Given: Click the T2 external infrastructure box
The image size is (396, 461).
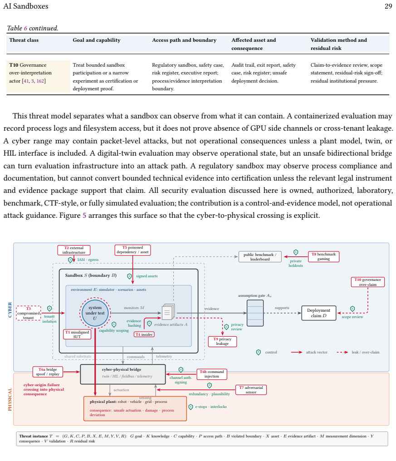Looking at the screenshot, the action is tap(74, 250).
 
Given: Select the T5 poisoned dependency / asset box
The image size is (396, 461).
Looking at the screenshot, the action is tap(132, 250).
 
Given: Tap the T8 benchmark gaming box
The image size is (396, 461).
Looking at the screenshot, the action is tap(323, 257).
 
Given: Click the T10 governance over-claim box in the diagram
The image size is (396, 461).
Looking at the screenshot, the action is tap(367, 282).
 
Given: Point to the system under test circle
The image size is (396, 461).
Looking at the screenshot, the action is tap(95, 313).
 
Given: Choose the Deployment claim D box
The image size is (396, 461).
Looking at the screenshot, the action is tap(319, 313).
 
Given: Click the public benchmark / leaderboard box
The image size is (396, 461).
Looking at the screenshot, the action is tap(260, 257).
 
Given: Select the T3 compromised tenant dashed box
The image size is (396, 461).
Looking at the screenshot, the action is tap(29, 313).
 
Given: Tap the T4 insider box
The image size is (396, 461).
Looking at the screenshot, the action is tap(144, 334).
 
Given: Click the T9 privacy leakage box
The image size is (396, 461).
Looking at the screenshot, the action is tap(222, 341).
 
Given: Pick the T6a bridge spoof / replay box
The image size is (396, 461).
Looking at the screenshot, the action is tap(48, 372).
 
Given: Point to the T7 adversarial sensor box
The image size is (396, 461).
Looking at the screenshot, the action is tap(251, 390).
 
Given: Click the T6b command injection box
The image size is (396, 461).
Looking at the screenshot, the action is tap(212, 374).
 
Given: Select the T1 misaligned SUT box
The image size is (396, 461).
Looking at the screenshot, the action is tap(77, 334).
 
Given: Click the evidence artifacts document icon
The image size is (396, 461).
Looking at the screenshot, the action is tap(168, 312).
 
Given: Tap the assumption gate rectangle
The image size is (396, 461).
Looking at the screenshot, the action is tap(255, 313).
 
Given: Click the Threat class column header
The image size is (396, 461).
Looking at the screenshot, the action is tap(24, 40).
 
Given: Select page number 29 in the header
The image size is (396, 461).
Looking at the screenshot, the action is tap(388, 6).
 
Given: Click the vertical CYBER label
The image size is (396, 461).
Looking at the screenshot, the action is tap(10, 310).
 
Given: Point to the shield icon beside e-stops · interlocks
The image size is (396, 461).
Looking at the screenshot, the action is tap(191, 407).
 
